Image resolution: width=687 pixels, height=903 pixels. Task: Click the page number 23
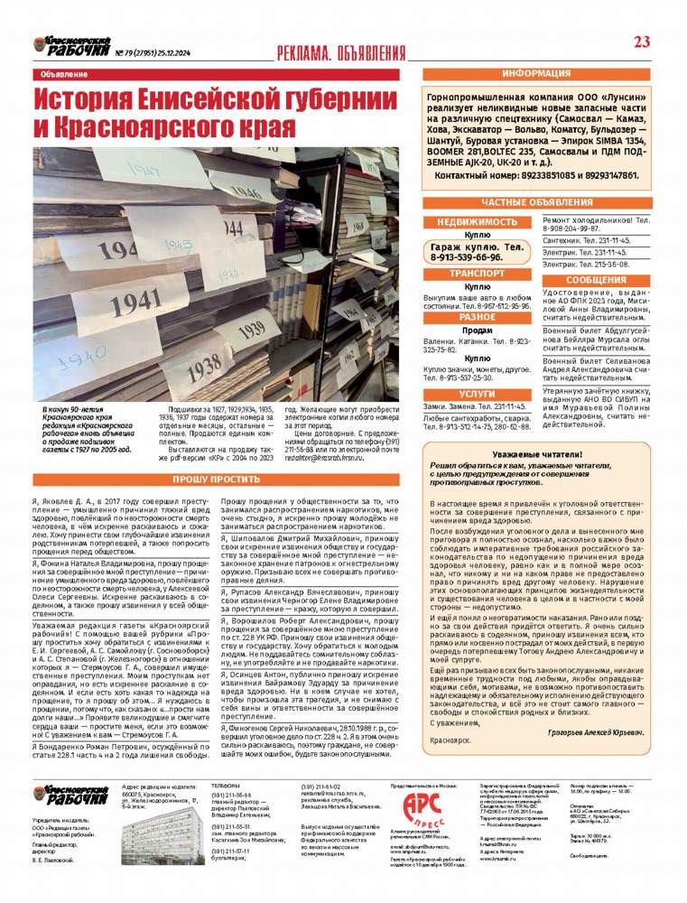[643, 41]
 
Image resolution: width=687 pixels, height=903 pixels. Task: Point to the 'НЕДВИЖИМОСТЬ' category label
[478, 221]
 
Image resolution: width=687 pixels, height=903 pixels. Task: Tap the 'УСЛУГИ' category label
[478, 394]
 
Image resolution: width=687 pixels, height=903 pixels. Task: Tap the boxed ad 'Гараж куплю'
[478, 251]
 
